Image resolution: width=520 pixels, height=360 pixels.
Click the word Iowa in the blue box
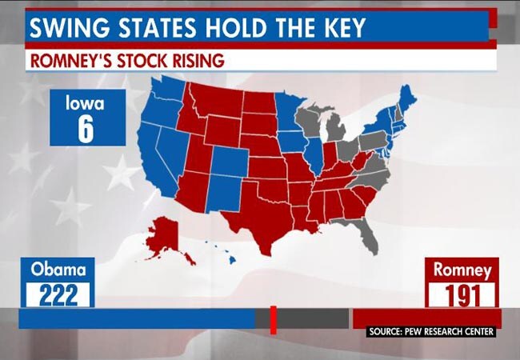[86, 103]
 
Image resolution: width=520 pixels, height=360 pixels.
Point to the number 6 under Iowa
[86, 130]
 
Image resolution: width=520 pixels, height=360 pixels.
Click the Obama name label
[58, 270]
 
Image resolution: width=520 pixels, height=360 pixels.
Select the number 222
[58, 294]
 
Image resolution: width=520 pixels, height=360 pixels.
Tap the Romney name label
[462, 270]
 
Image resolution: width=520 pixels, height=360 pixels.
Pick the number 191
[462, 294]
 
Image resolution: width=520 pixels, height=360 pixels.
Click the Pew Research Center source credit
[432, 331]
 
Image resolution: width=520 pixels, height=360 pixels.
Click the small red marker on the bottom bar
[273, 318]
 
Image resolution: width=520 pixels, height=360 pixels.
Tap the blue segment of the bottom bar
[136, 318]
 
